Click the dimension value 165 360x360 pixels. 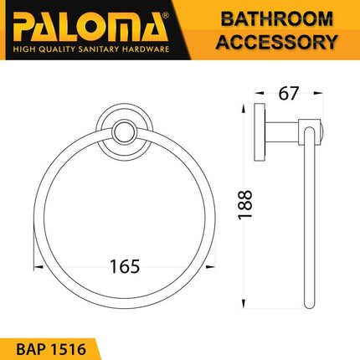pos(123,266)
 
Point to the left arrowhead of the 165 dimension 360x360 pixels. pos(37,267)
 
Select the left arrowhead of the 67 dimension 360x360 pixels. pos(260,94)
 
